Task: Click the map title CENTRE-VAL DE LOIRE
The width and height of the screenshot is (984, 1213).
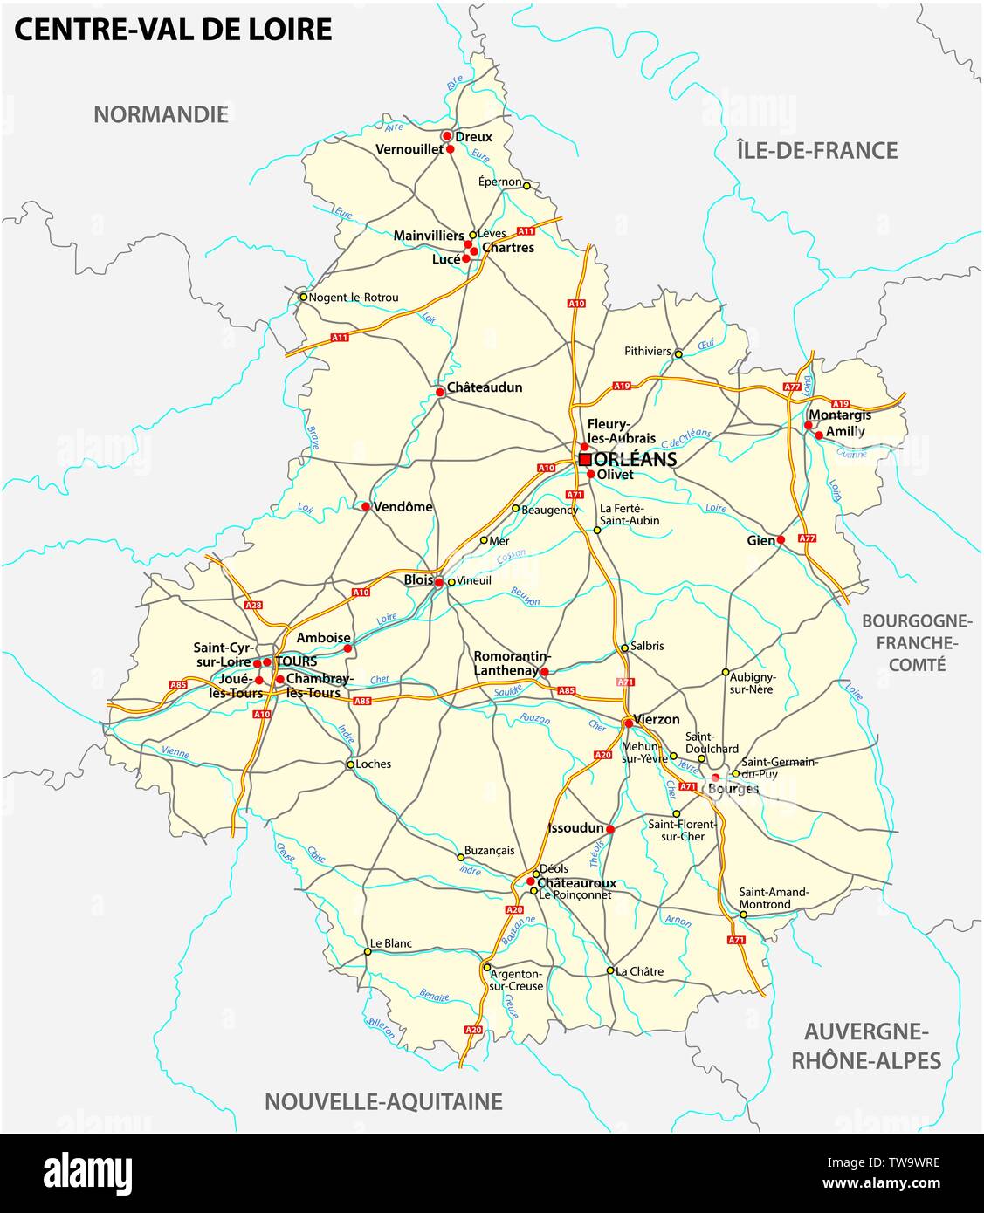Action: (x=173, y=30)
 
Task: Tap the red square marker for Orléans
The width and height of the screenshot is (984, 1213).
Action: (x=585, y=459)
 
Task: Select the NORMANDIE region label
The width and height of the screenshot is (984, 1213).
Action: (x=161, y=114)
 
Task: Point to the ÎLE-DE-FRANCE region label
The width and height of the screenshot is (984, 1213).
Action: (x=816, y=150)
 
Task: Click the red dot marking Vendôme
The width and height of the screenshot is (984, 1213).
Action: (x=366, y=506)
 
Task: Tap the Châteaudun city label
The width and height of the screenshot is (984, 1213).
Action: (x=485, y=387)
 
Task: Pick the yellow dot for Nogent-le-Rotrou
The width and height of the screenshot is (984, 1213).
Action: (x=303, y=297)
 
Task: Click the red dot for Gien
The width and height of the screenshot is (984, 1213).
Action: (x=781, y=540)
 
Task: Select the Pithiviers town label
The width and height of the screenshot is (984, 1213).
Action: (x=647, y=352)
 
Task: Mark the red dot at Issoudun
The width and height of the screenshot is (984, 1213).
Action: (x=610, y=828)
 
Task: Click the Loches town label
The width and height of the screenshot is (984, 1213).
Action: (x=374, y=764)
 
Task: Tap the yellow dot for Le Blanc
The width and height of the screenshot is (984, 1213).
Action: (x=367, y=952)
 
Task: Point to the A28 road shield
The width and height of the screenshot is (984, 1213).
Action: (x=253, y=605)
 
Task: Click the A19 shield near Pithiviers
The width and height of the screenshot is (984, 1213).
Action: (x=622, y=385)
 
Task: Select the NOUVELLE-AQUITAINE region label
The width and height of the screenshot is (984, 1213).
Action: (x=383, y=1101)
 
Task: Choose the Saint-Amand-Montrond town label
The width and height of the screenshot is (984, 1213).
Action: (x=774, y=898)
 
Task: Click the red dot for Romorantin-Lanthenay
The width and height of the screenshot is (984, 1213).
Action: (x=544, y=672)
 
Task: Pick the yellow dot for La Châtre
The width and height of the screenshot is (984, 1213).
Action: (x=609, y=970)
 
